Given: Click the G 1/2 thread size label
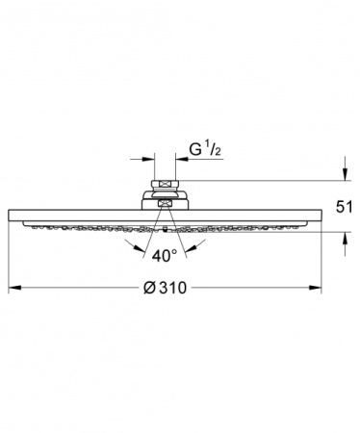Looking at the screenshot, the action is coord(205,150).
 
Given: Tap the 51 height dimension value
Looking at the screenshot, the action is coord(344,207).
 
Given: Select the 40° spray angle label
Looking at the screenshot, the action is coord(165,256).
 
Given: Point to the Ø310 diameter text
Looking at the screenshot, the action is coord(165,288).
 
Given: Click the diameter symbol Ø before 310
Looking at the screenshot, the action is coord(149,288).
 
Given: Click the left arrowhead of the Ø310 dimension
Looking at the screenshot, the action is coord(14,288).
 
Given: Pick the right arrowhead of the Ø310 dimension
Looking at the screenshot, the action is coord(315,288).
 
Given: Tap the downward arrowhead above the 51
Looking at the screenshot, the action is coord(345,174).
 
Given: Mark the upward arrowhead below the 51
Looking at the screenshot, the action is coord(345,238).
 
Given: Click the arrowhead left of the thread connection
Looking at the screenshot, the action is coord(148,159).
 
